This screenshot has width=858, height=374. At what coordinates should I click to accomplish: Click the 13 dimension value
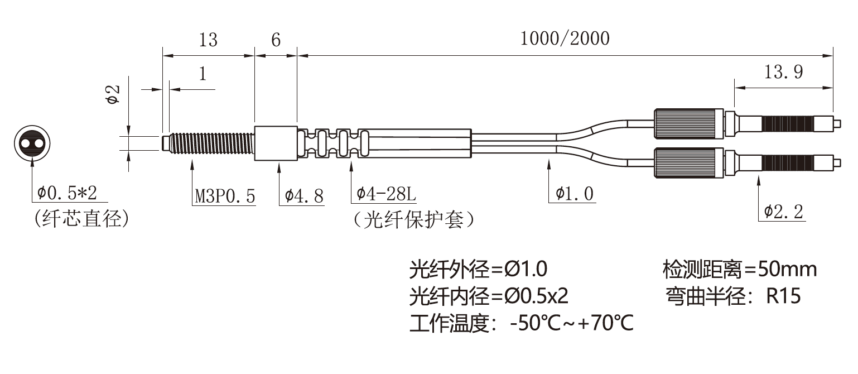(208, 40)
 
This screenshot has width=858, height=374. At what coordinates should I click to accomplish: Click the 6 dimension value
(276, 40)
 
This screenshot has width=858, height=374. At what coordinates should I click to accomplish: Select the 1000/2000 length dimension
(565, 39)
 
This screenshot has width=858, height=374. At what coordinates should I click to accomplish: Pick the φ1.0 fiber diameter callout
(575, 194)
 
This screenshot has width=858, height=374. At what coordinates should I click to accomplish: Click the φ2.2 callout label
(783, 212)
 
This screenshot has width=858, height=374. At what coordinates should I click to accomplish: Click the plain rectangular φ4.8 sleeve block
(276, 143)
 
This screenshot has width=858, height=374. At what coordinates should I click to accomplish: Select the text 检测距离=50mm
(740, 270)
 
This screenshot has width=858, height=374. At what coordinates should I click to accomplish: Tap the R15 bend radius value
(784, 296)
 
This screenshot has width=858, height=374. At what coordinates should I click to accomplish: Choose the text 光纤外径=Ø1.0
(478, 270)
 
